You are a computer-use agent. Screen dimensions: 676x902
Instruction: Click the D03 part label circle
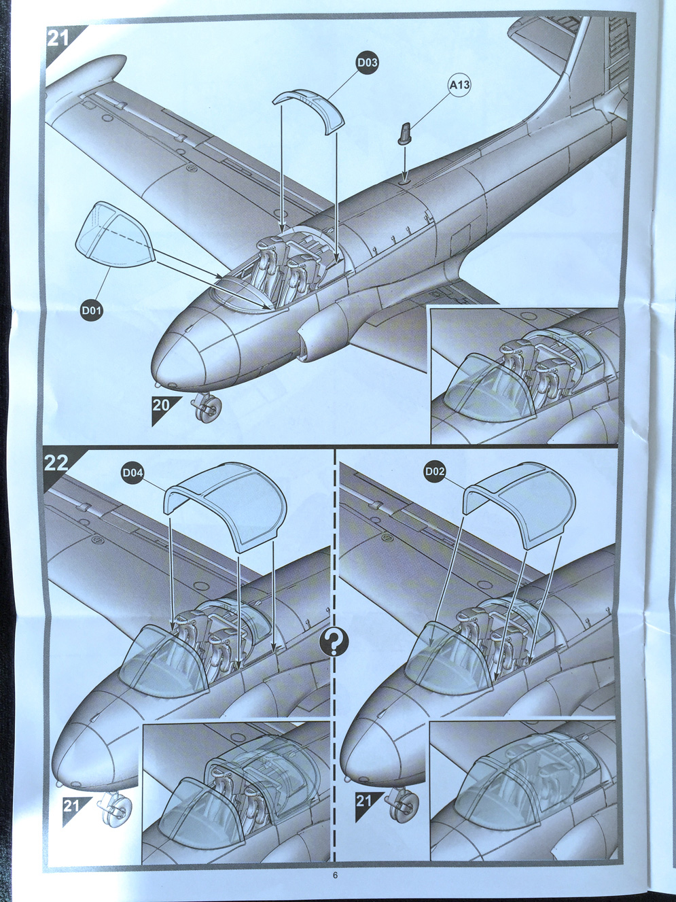(367, 63)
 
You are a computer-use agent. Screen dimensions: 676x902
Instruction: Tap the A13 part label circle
(459, 85)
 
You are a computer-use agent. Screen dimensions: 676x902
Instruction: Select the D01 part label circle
(91, 311)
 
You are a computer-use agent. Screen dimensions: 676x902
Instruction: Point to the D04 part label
(133, 472)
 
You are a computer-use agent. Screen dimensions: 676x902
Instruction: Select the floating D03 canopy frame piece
(310, 109)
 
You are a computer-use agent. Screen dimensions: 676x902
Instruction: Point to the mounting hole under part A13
(405, 180)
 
